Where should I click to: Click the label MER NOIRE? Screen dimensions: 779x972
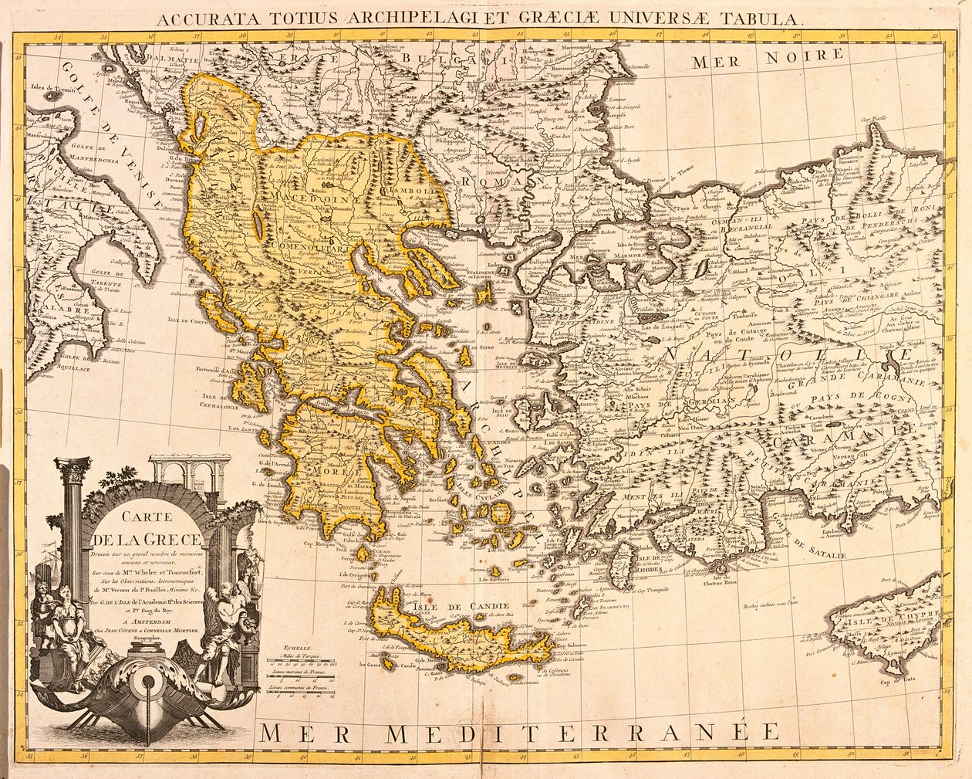tap(768, 57)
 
